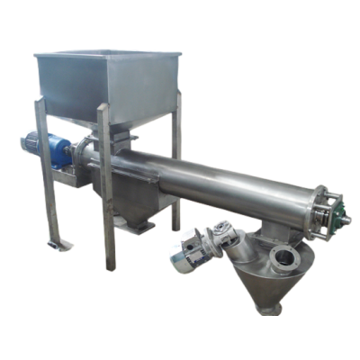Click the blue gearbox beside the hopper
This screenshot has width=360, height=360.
pyautogui.click(x=64, y=149)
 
